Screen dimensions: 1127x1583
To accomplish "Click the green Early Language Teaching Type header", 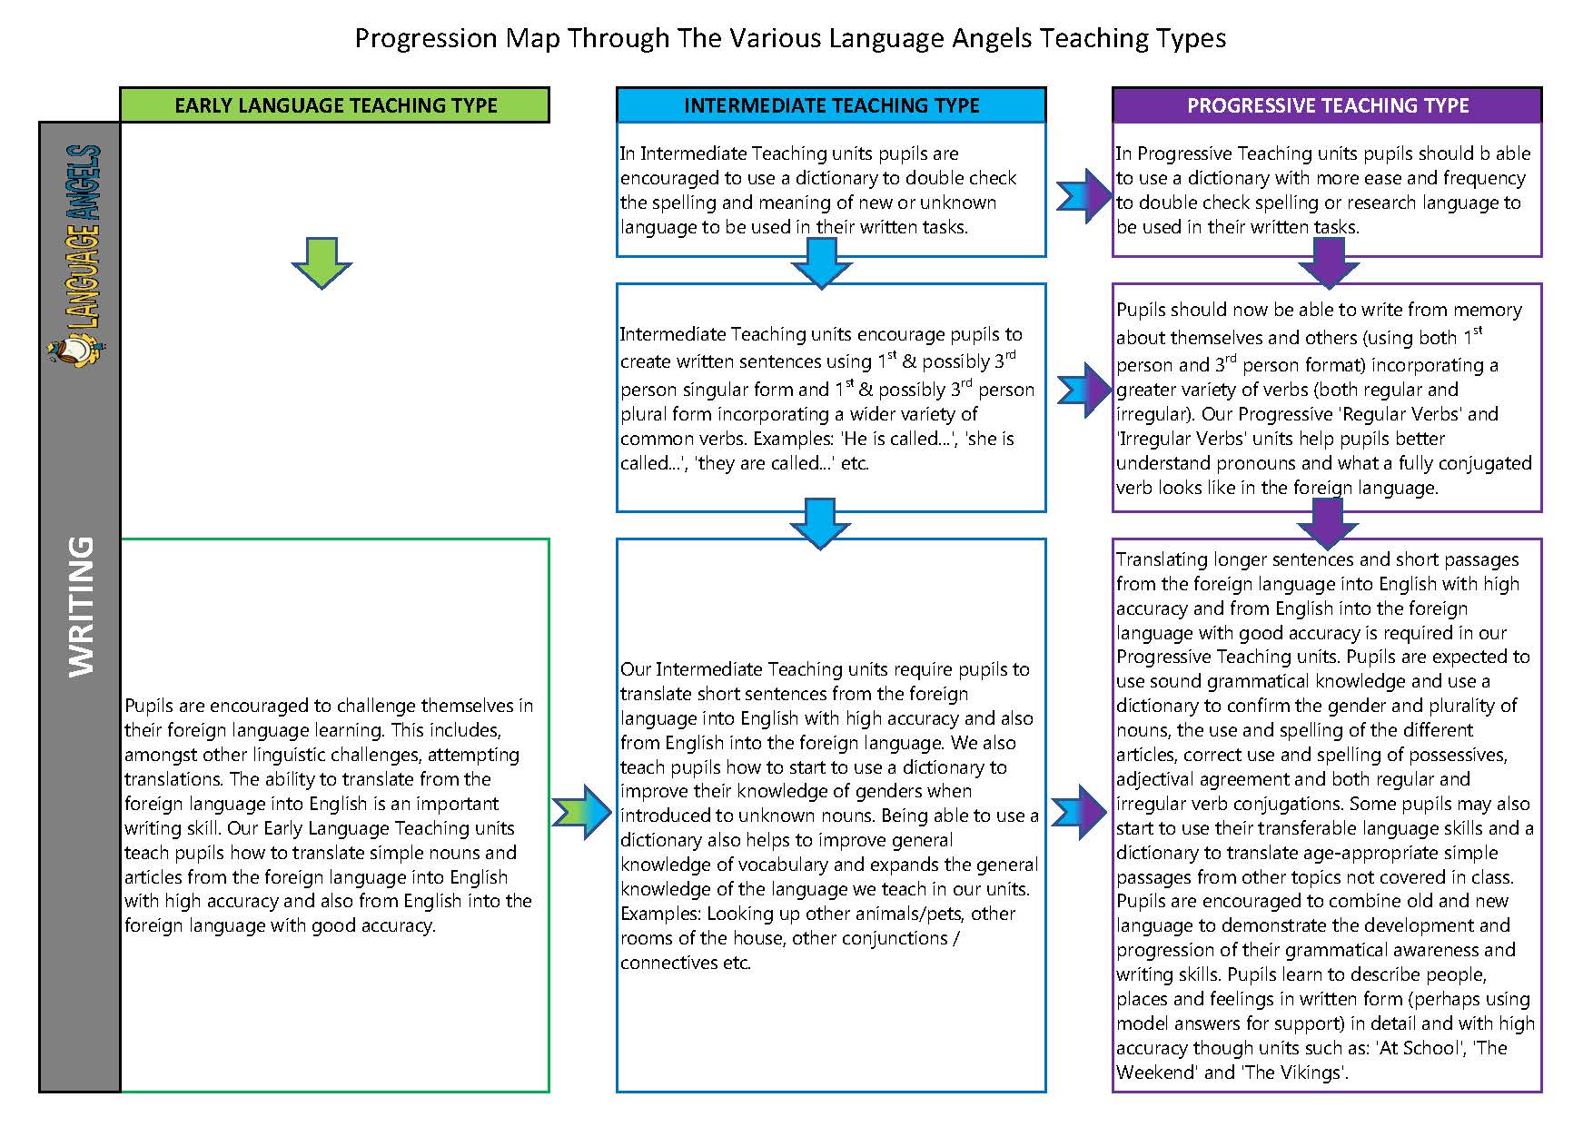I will pos(334,105).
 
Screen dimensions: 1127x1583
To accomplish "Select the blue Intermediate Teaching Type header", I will pos(831,105).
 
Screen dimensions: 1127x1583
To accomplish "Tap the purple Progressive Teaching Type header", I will pos(1327,105).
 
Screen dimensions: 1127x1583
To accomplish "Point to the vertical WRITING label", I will pos(81,606).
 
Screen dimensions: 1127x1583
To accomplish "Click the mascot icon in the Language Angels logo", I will pos(73,350).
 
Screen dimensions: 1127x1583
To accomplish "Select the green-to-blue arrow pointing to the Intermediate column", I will pos(582,811).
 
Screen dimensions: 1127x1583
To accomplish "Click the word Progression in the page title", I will pos(426,38).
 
